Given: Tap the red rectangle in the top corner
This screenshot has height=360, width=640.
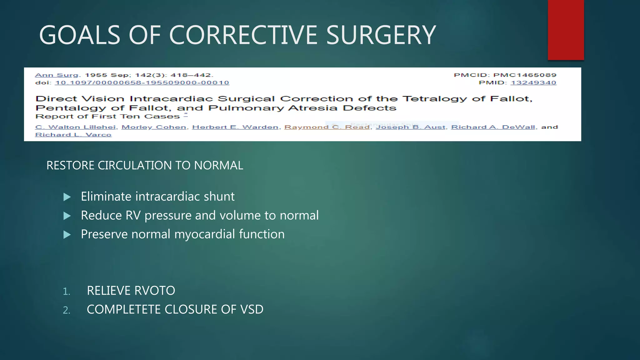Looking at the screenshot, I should click(566, 30).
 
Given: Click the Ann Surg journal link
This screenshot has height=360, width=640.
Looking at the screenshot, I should click(57, 75).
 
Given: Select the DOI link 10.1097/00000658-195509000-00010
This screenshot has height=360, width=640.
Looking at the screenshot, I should click(142, 83).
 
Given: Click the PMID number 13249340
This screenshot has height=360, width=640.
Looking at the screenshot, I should click(533, 83).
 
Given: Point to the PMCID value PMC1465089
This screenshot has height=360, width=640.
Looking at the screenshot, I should click(525, 75).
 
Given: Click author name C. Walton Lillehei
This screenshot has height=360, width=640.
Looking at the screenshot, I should click(75, 127).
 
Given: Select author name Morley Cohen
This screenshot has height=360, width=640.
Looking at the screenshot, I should click(154, 127).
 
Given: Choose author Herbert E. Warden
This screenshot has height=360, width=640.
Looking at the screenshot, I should click(235, 127).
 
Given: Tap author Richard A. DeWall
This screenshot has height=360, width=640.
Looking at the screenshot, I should click(493, 127).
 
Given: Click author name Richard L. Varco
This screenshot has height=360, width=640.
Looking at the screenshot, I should click(73, 135).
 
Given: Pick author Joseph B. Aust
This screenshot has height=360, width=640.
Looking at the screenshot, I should click(410, 127).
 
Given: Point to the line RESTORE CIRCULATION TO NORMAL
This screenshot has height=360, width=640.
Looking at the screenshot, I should click(144, 165).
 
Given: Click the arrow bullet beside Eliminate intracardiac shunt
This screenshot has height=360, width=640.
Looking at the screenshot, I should click(67, 197).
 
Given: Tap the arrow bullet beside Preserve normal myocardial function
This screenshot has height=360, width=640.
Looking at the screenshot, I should click(67, 235).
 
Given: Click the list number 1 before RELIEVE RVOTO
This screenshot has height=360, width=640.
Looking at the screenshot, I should click(66, 292).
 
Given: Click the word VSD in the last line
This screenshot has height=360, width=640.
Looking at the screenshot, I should click(252, 309).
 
